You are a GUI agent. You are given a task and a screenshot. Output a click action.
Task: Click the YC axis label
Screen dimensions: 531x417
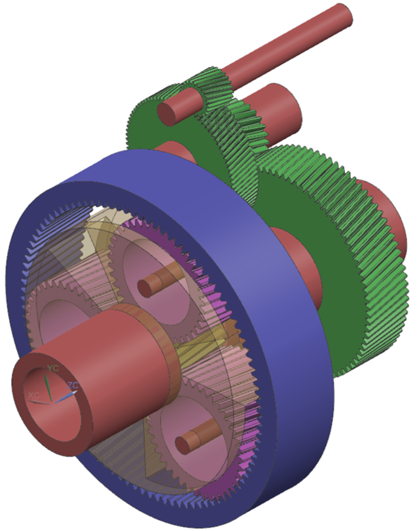pyautogui.click(x=53, y=368)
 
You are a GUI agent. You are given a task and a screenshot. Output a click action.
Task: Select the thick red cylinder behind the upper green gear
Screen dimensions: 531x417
pyautogui.click(x=277, y=109)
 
